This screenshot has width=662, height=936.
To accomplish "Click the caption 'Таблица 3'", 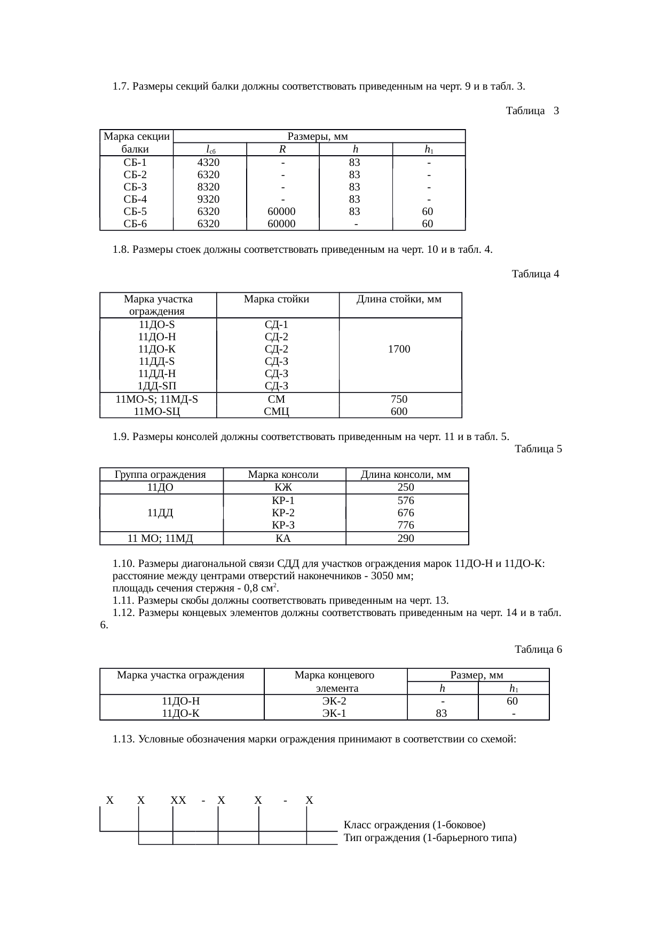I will (x=532, y=111).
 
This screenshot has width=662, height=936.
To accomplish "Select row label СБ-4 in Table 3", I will (x=135, y=199).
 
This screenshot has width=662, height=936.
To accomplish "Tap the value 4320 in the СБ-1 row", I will (x=208, y=162).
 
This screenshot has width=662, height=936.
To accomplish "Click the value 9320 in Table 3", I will (x=208, y=199).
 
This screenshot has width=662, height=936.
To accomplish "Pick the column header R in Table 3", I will (x=283, y=150).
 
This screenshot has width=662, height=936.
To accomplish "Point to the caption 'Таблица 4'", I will (x=535, y=274).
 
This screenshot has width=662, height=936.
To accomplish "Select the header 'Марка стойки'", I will (x=277, y=299).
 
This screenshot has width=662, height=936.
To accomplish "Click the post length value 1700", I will (x=399, y=349).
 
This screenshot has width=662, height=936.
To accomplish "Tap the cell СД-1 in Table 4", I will (x=277, y=325).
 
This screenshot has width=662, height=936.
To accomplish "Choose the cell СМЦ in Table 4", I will (x=277, y=411).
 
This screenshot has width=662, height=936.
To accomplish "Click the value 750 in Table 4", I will (x=399, y=399).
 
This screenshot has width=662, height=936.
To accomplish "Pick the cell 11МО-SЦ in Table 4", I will (x=157, y=411).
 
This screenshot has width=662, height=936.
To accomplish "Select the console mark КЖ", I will (x=283, y=487).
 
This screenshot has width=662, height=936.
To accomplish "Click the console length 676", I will (x=406, y=513).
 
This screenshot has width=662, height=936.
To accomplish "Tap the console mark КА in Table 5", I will (x=283, y=538).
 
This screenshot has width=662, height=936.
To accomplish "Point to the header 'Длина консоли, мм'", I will (x=406, y=475).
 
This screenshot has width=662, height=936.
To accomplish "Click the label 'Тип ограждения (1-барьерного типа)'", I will (x=430, y=837).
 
